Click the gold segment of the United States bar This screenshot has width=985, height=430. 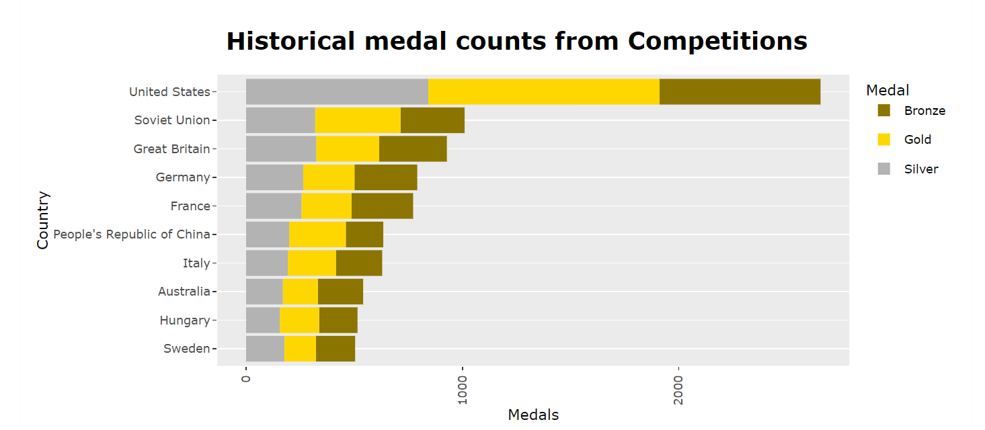point(543,91)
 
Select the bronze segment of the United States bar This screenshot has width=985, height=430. point(740,91)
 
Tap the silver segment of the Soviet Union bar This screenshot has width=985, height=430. point(280,120)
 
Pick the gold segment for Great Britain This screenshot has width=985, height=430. point(347,148)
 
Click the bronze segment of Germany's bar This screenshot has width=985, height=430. point(385,177)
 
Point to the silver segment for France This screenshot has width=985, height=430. point(273,206)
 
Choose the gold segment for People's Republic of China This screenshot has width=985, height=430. point(317,234)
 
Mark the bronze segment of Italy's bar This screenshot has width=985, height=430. point(358,263)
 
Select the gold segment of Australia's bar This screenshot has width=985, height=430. point(300,292)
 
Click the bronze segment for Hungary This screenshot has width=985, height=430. point(338,320)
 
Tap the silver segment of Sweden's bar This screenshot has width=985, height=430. point(265,349)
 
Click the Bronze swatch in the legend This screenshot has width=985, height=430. point(884,110)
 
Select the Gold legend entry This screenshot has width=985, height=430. point(917,140)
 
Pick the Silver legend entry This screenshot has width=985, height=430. point(920,169)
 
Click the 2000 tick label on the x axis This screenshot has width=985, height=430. point(678,390)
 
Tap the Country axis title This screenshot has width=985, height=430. point(43,220)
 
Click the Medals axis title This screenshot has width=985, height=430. point(533,415)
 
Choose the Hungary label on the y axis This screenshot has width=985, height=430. point(184,320)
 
